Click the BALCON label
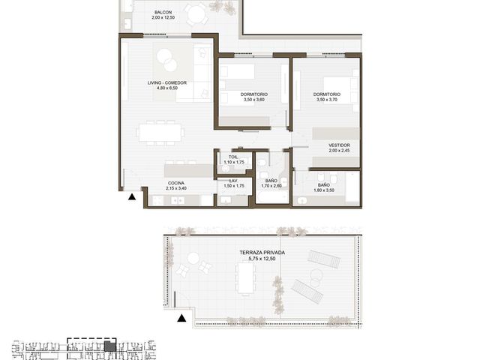[163, 12]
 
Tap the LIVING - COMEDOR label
[166, 82]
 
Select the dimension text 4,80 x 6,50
[166, 88]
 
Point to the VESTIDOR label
[339, 145]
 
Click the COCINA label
[176, 183]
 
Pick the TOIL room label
[233, 157]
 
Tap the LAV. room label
[233, 181]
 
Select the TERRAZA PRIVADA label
[262, 253]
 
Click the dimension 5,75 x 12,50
[262, 259]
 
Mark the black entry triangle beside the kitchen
[132, 196]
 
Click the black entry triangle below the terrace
[181, 318]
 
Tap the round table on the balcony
[196, 14]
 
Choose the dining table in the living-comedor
[160, 133]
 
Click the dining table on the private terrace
[246, 278]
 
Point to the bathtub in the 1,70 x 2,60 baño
[272, 196]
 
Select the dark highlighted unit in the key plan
[110, 346]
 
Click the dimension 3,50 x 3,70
[327, 100]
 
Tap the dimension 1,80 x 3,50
[324, 190]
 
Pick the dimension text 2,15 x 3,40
[176, 188]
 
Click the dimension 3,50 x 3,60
[254, 100]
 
